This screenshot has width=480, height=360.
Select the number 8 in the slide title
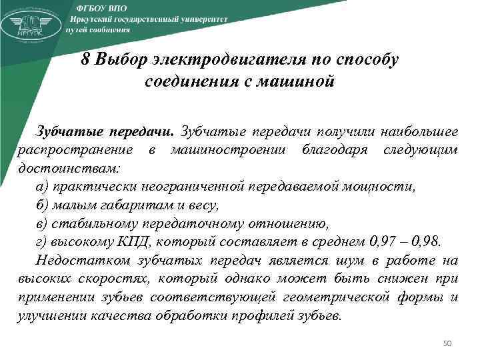point(85,59)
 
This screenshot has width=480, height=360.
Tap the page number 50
point(447,344)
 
